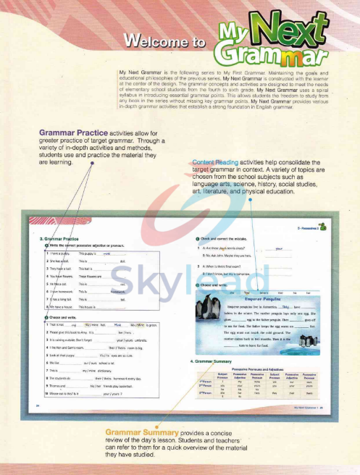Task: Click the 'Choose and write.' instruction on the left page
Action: coord(64,317)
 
